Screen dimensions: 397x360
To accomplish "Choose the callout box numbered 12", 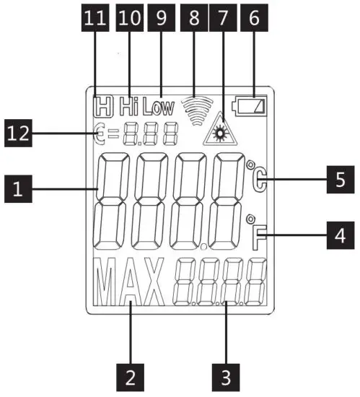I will tap(19, 133).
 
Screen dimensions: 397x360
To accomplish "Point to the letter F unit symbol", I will tap(260, 235).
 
